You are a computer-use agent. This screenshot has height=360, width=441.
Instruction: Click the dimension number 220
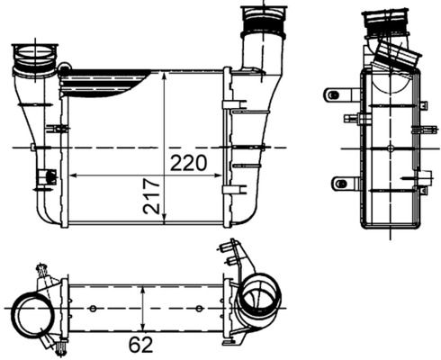(188, 163)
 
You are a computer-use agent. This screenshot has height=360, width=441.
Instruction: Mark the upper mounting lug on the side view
(339, 94)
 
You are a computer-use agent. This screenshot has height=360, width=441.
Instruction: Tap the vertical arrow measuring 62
(144, 309)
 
